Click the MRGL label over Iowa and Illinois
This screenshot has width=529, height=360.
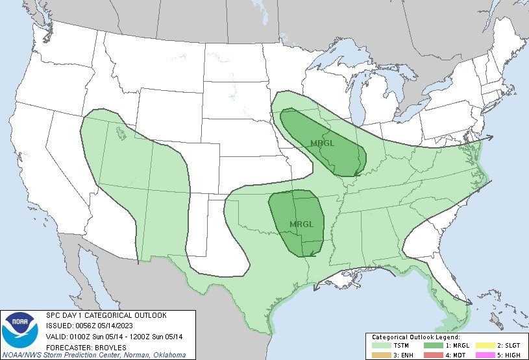point(322,143)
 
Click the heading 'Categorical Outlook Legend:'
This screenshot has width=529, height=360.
point(415,337)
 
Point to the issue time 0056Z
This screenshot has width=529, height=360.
point(90,325)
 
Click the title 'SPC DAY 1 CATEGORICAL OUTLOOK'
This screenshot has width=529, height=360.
point(106,315)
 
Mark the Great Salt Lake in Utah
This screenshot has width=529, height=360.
point(121,134)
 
